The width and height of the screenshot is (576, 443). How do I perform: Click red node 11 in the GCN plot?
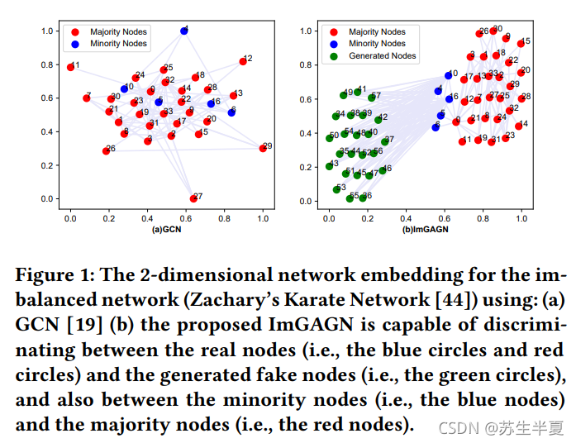[x=70, y=67]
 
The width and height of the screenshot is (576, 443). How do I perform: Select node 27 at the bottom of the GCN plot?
[x=193, y=198]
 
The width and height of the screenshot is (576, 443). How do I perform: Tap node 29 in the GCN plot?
[x=263, y=148]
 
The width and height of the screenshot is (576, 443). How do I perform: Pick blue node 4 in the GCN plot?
[x=183, y=31]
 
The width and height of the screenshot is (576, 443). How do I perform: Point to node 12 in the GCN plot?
[x=243, y=61]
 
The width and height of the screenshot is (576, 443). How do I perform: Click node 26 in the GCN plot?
[x=106, y=150]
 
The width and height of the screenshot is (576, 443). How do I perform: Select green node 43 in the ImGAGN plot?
[x=330, y=166]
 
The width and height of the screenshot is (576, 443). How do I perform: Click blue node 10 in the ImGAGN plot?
[x=448, y=75]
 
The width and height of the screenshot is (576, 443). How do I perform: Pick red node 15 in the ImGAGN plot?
[x=521, y=42]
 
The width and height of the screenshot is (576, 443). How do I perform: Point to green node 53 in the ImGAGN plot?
[x=336, y=189]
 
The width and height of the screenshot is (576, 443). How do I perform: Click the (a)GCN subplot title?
[x=167, y=229]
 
